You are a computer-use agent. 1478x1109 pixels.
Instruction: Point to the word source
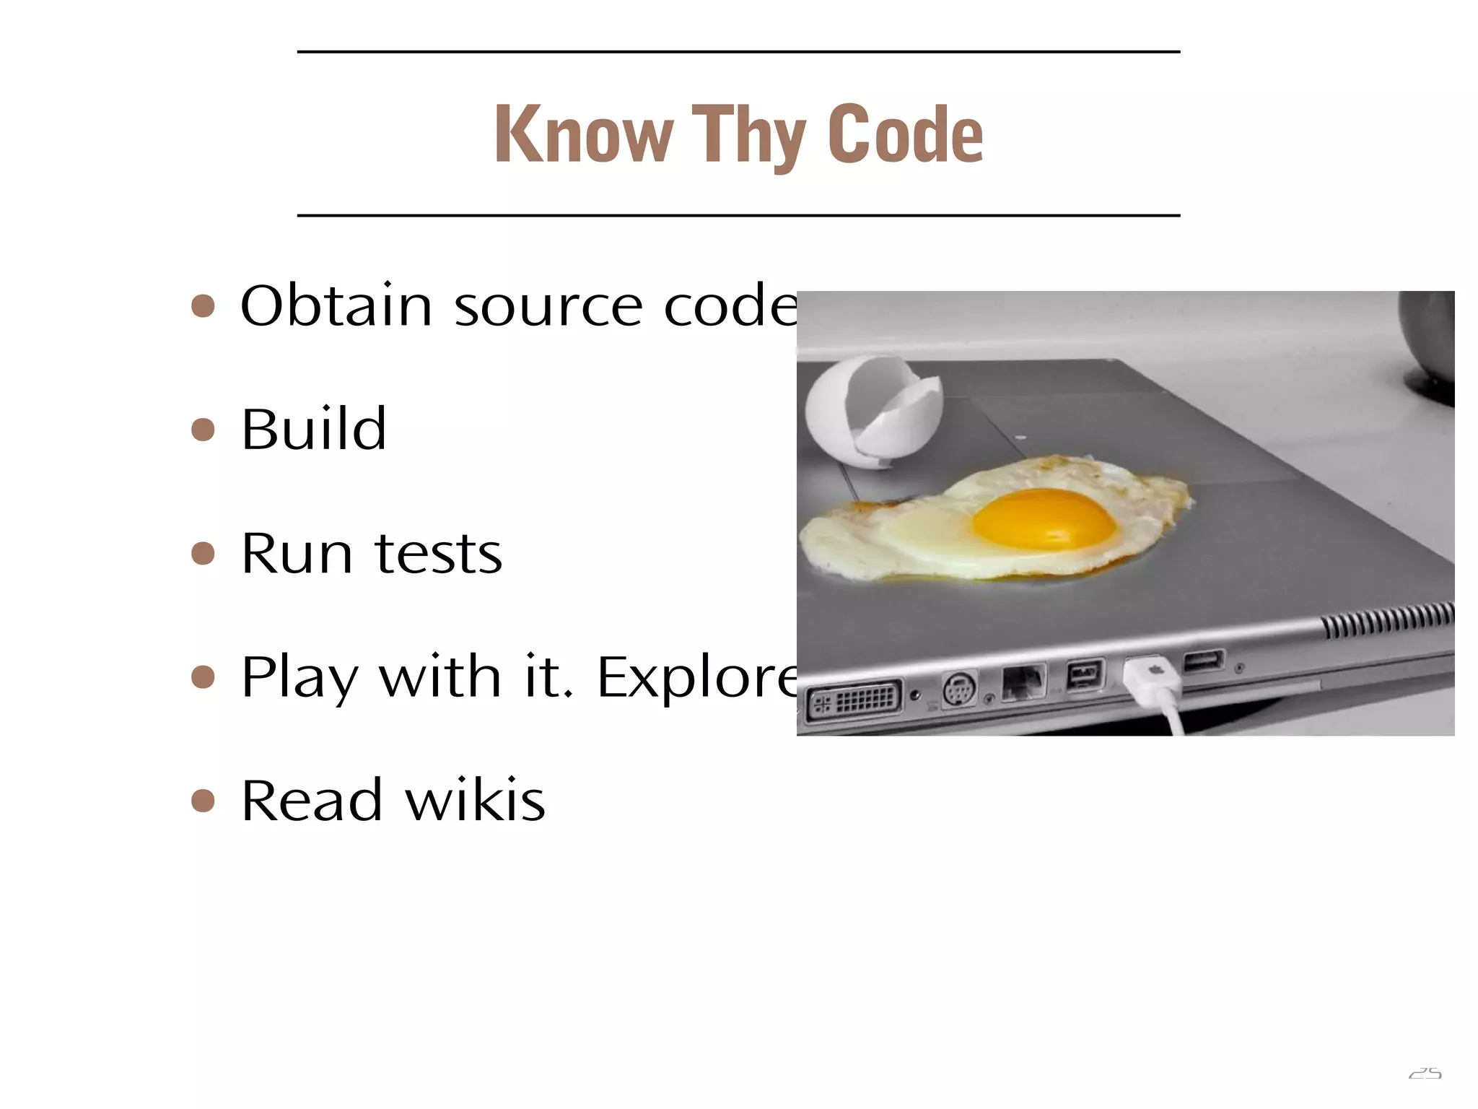click(x=548, y=307)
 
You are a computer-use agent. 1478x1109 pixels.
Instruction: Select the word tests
click(x=438, y=554)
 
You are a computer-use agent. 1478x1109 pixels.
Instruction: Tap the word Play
click(x=299, y=679)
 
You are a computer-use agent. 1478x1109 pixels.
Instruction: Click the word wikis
click(x=474, y=801)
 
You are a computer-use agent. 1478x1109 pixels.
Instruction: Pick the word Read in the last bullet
click(x=311, y=801)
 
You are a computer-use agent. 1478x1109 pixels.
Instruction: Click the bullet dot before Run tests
click(x=204, y=554)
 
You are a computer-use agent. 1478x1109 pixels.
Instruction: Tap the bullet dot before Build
click(x=204, y=430)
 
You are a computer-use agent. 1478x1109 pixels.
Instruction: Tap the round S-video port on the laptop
click(x=959, y=689)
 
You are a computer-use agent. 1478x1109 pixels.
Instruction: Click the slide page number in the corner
click(x=1425, y=1074)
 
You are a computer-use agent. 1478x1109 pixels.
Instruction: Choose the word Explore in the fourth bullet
click(x=697, y=679)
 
